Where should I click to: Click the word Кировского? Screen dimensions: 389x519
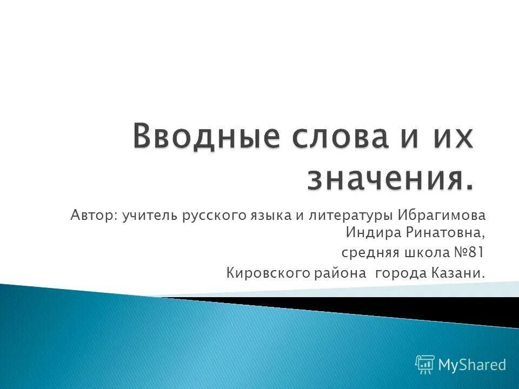[x=267, y=273]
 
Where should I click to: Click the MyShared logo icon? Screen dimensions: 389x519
[x=425, y=365]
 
